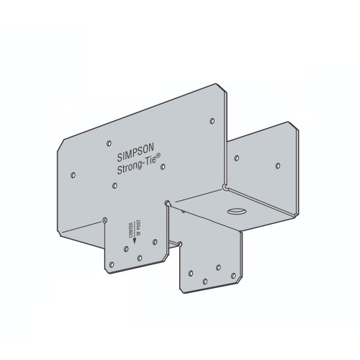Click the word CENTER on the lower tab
pos(131,230)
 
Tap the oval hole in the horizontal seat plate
pos(236,212)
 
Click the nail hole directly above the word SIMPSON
pos(109,143)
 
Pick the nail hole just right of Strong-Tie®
pos(163,166)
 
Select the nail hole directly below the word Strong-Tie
pos(114,186)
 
